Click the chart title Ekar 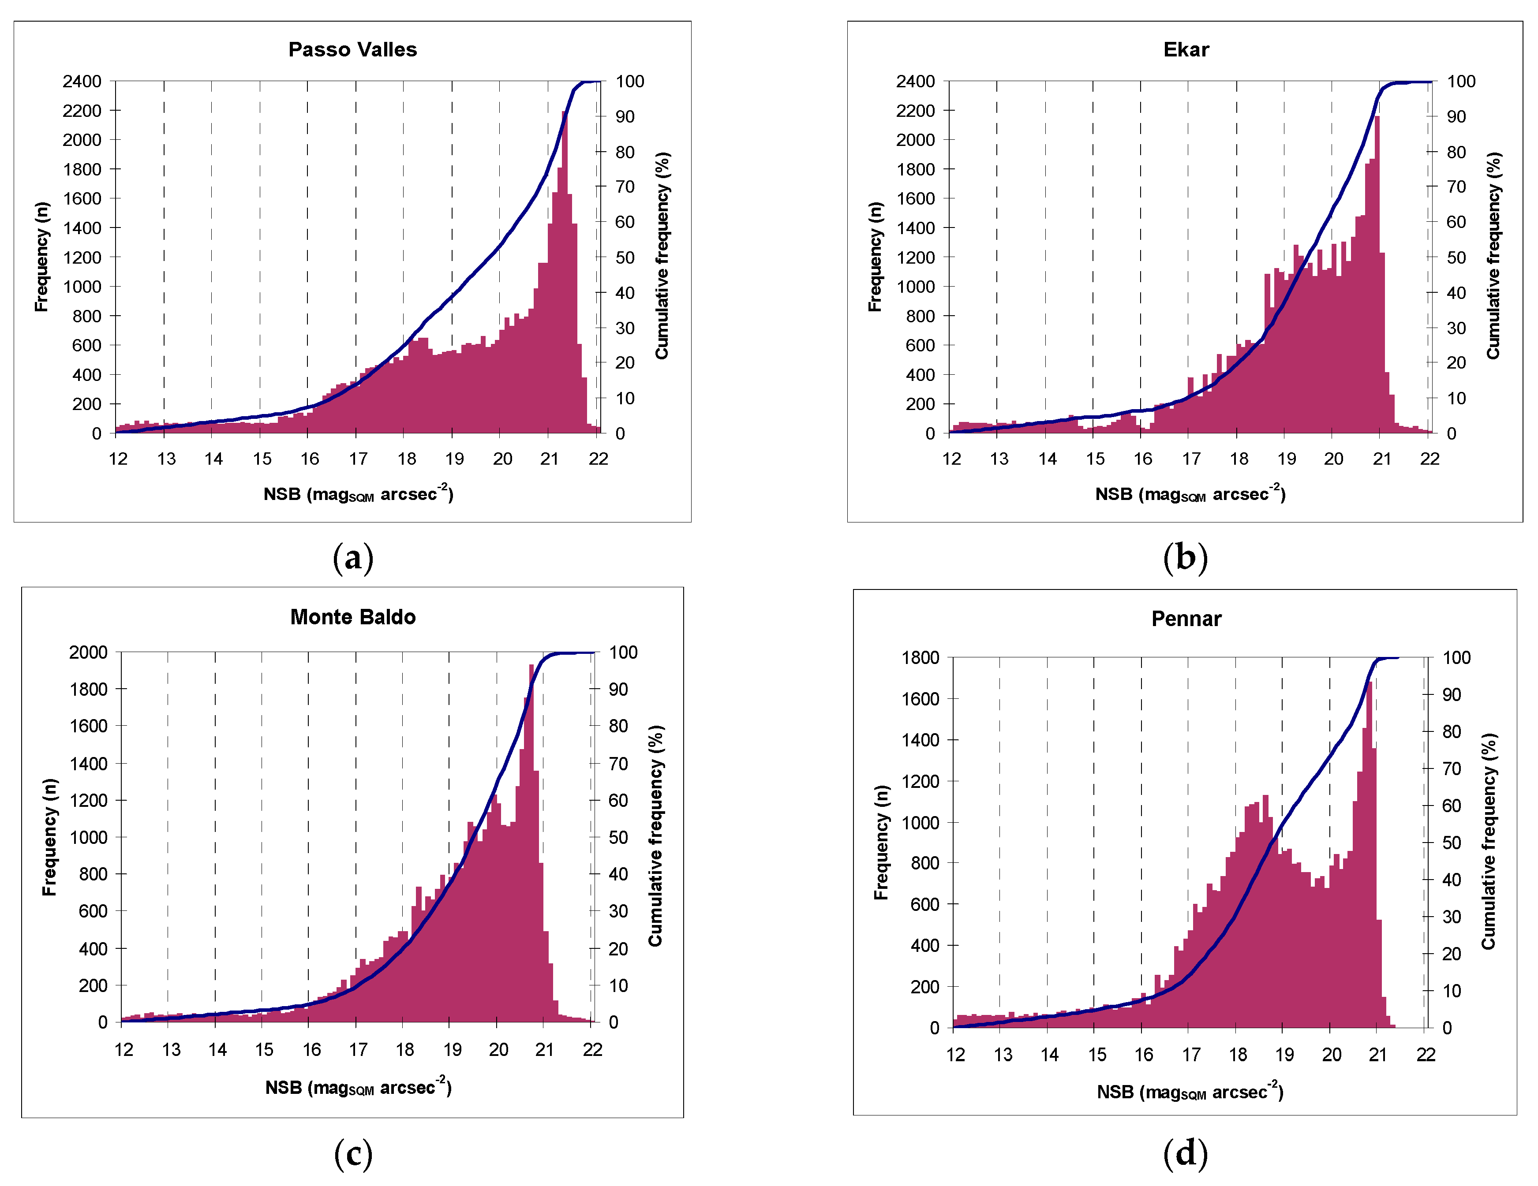point(1186,49)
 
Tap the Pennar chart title point(1186,619)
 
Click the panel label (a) point(353,557)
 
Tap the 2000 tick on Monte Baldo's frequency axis point(88,653)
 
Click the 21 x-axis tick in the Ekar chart point(1382,459)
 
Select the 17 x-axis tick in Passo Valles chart point(358,459)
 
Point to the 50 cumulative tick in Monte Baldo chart point(618,838)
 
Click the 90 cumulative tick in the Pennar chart point(1452,695)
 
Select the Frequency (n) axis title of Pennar point(881,843)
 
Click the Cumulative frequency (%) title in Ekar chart point(1493,256)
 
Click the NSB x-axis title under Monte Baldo point(358,1087)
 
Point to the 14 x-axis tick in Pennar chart point(1049,1054)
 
